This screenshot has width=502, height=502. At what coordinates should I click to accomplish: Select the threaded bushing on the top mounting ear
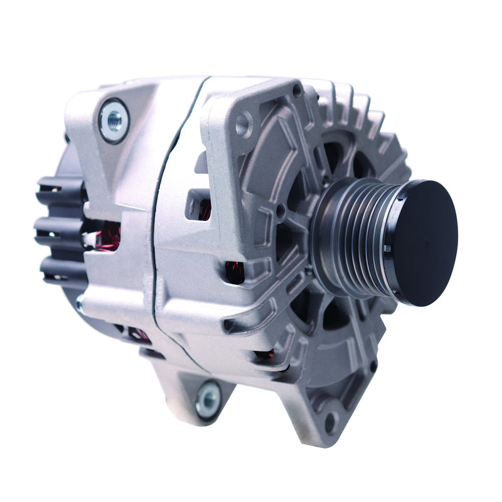(114, 119)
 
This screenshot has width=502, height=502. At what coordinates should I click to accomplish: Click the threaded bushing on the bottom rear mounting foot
(208, 398)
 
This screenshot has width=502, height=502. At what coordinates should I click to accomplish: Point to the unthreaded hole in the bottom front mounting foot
(331, 421)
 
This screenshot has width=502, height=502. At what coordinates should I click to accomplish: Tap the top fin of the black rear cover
(60, 186)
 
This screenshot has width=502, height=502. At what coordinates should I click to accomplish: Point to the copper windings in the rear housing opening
(110, 235)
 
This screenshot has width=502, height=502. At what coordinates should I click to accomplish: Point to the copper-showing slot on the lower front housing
(264, 355)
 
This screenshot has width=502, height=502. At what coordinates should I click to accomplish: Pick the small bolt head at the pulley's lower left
(309, 271)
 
